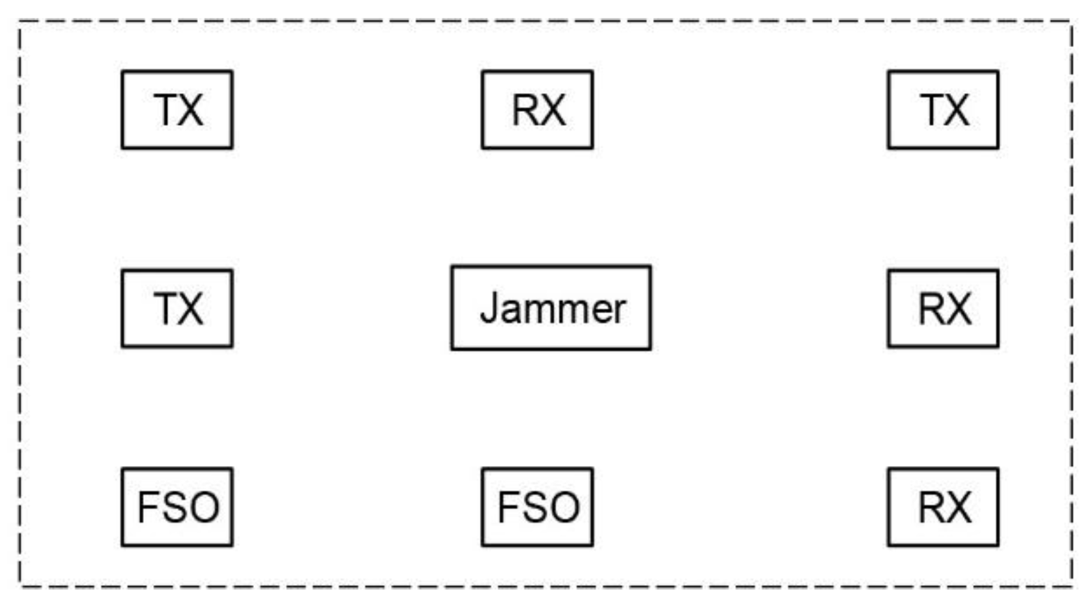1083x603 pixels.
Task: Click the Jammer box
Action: (x=551, y=307)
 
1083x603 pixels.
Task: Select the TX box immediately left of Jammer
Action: (x=177, y=308)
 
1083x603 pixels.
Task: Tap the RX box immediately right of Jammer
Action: (x=943, y=308)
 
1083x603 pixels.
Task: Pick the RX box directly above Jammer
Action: (x=537, y=109)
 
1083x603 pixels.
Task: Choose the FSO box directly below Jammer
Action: (x=537, y=507)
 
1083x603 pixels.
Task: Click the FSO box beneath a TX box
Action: (x=177, y=507)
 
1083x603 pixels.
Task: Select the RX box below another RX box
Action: (x=943, y=507)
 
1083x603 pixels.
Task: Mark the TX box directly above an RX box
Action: (x=943, y=109)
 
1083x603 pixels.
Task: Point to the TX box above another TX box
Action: (x=177, y=109)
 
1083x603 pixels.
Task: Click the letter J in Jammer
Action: (x=489, y=308)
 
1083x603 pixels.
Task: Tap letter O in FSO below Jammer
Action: (x=565, y=507)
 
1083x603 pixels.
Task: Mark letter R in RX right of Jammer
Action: (x=929, y=309)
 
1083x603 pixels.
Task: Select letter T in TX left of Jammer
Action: (x=165, y=309)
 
